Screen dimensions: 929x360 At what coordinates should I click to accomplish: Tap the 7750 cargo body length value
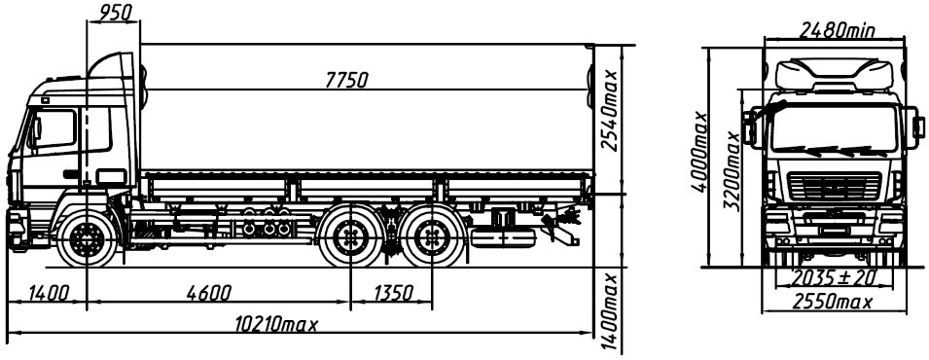tap(347, 80)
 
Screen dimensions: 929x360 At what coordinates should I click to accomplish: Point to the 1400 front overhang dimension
tap(48, 292)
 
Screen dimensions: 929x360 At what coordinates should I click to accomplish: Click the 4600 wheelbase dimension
tap(208, 292)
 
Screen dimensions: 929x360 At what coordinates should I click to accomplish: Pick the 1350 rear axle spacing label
tap(393, 292)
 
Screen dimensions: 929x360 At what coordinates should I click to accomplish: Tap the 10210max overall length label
tap(276, 324)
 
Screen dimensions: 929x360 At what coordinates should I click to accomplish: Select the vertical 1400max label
tap(610, 312)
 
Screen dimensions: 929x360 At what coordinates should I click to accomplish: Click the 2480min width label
tap(838, 29)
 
